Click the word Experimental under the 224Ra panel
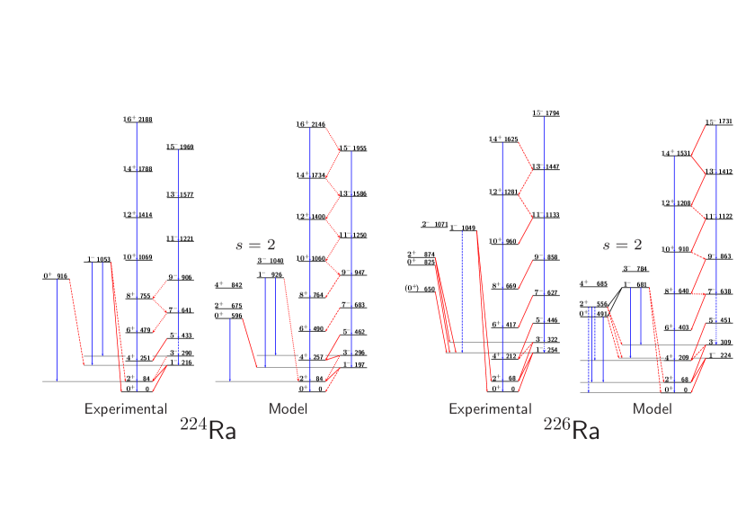126,409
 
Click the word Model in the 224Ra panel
289,409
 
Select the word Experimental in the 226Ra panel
490,409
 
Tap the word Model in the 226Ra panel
653,409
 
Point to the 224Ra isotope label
209,430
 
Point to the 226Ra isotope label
572,430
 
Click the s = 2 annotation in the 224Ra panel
255,244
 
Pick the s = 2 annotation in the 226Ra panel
622,244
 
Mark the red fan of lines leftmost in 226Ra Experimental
443,306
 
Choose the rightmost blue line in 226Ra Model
716,234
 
